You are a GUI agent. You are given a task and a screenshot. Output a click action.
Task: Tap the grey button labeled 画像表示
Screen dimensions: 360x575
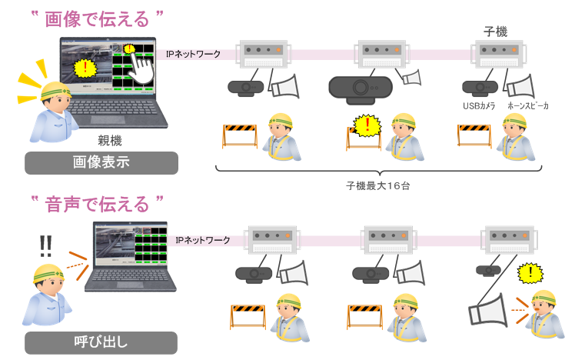tap(101, 163)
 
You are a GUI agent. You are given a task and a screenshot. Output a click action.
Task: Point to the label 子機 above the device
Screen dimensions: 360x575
tap(495, 32)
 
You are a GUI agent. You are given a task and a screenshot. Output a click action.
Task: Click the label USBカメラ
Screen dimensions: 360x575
tap(478, 105)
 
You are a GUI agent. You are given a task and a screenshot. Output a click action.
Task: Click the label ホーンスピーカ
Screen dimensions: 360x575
tap(527, 105)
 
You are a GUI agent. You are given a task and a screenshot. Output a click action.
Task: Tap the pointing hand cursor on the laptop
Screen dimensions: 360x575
tap(143, 66)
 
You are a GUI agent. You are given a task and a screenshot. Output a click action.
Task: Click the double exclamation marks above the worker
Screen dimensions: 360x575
tap(45, 245)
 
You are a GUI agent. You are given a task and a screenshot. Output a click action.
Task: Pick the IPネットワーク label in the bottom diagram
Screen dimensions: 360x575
tap(203, 240)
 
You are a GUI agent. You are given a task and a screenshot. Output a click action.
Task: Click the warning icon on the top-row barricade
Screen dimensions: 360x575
tap(369, 125)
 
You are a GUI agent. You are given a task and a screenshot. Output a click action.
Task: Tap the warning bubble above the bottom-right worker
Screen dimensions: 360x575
tap(527, 272)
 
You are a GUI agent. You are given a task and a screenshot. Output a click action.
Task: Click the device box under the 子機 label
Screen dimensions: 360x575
tap(499, 54)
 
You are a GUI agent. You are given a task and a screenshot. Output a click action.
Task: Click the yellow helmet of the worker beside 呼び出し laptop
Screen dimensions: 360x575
tap(48, 274)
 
